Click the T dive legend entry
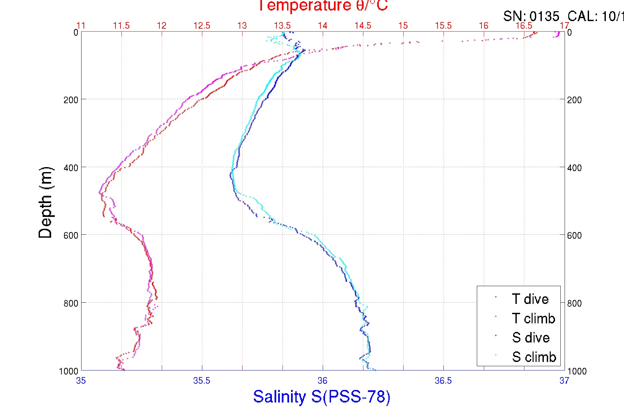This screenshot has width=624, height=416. tap(530, 299)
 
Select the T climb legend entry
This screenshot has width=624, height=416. tap(533, 318)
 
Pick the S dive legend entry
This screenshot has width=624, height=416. tap(530, 338)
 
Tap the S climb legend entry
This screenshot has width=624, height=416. tap(534, 357)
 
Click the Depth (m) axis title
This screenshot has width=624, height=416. tap(46, 202)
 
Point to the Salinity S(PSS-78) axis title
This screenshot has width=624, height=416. tap(322, 397)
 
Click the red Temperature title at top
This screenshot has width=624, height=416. tap(322, 6)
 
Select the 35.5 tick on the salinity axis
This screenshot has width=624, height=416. tap(202, 381)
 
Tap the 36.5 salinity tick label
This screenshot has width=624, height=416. tap(443, 381)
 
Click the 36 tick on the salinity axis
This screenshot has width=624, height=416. tap(322, 381)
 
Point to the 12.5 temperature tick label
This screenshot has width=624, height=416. tap(202, 26)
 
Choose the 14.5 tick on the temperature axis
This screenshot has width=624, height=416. tap(363, 26)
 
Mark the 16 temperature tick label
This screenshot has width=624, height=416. tap(483, 26)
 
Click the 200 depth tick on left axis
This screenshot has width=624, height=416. tap(71, 100)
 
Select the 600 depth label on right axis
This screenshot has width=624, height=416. tap(574, 235)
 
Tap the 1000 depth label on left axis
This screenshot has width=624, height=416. tap(69, 371)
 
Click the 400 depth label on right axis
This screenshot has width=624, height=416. tap(574, 168)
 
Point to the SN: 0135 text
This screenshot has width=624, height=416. tap(531, 16)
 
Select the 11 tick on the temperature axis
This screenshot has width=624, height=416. tap(81, 26)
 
